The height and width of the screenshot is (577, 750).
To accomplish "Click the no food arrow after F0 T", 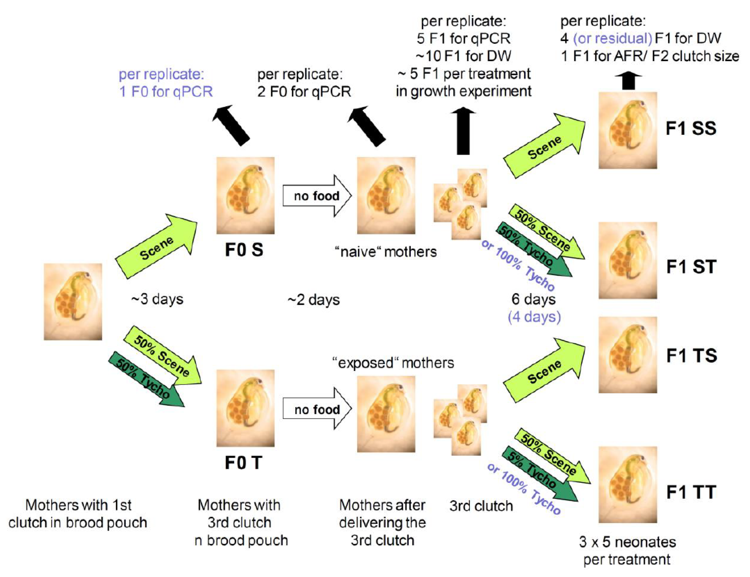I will click(x=317, y=410).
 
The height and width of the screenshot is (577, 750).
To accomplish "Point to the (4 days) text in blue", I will click(x=534, y=317).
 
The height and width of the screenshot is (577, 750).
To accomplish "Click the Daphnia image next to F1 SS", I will click(x=627, y=130).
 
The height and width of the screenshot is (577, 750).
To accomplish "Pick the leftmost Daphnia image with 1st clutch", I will click(x=73, y=302).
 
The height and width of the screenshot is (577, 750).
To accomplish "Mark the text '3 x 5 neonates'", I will click(x=627, y=542).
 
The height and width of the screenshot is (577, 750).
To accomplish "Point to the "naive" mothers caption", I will click(x=385, y=252).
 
